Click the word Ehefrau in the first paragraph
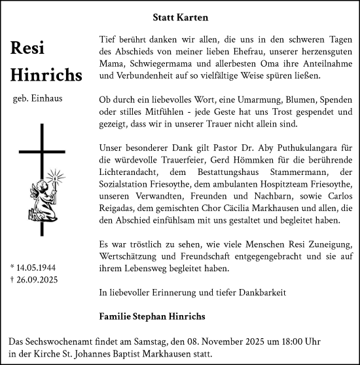point(245,51)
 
